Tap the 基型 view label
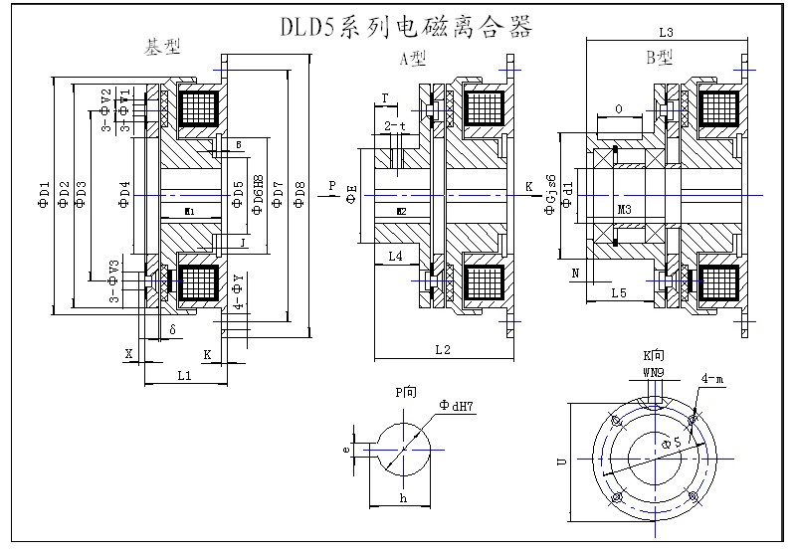[163, 48]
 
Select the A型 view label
[413, 60]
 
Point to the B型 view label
[660, 58]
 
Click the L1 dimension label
[184, 375]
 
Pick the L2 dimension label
[443, 349]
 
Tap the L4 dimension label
[395, 258]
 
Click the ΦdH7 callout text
[457, 405]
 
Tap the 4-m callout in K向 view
[711, 379]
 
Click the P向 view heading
[406, 391]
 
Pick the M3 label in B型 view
[624, 211]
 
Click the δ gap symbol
[172, 327]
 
